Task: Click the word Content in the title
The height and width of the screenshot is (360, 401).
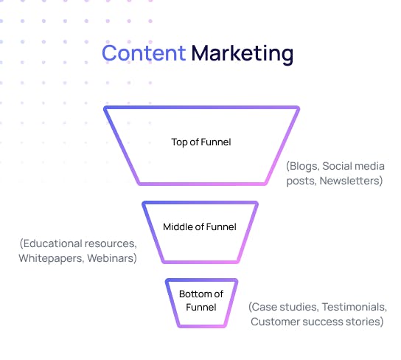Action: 144,53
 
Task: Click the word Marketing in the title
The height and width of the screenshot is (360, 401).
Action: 243,55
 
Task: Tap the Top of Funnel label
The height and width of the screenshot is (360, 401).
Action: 201,142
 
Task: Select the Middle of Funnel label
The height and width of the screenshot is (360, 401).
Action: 200,226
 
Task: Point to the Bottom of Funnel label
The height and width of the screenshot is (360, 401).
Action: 201,300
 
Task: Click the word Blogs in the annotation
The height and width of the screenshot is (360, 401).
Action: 303,166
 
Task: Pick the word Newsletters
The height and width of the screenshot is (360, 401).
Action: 351,181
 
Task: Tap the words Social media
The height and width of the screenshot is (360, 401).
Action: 353,166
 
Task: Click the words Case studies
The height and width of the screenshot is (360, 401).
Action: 284,307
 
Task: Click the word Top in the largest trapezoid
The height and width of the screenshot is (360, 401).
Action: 179,142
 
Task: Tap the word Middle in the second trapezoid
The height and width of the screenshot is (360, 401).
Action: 178,226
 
